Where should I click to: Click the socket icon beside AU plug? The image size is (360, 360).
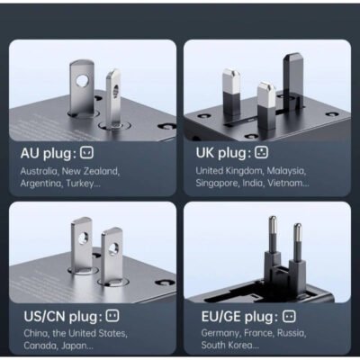(x=86, y=153)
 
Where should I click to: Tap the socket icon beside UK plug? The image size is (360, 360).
(x=261, y=152)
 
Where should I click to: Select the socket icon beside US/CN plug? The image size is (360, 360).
(x=112, y=316)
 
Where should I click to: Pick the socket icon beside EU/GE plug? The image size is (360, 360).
(x=289, y=316)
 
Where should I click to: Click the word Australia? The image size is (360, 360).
(x=40, y=171)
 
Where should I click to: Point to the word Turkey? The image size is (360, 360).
(x=83, y=184)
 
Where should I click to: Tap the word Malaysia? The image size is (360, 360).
(x=286, y=171)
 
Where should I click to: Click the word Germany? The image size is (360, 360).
(x=221, y=334)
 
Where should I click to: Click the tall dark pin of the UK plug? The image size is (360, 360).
(x=293, y=80)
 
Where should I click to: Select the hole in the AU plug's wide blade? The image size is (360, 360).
(x=82, y=81)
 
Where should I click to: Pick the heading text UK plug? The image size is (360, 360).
(x=223, y=153)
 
